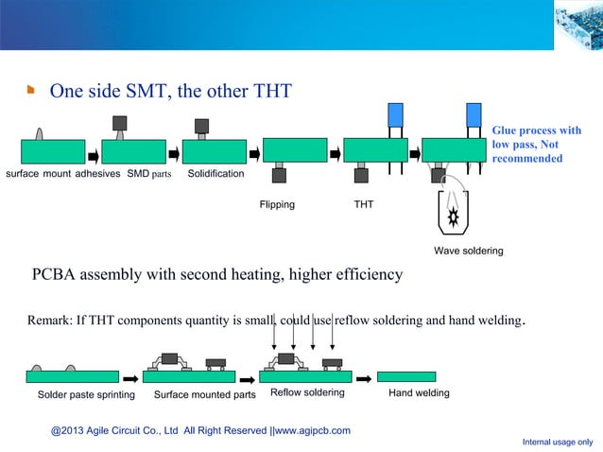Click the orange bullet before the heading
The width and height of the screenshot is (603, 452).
[30, 92]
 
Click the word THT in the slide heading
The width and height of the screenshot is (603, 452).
[272, 91]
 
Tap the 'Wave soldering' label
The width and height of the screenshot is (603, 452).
[468, 251]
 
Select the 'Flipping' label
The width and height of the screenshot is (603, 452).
[277, 204]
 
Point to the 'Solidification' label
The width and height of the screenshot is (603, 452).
[215, 175]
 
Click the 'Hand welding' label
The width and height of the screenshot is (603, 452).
[419, 392]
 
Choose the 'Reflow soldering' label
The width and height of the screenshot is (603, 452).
[307, 391]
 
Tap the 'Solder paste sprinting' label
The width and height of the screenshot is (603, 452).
[86, 393]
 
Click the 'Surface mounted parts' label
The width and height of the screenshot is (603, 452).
[204, 393]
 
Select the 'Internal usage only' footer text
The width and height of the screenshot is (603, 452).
[558, 442]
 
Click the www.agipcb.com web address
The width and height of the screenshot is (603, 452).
[312, 430]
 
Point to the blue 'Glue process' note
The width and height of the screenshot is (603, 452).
[536, 144]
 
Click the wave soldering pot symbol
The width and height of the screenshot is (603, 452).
[454, 214]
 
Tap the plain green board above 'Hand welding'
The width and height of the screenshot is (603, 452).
[406, 376]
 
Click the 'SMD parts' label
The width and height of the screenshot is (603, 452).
[149, 175]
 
